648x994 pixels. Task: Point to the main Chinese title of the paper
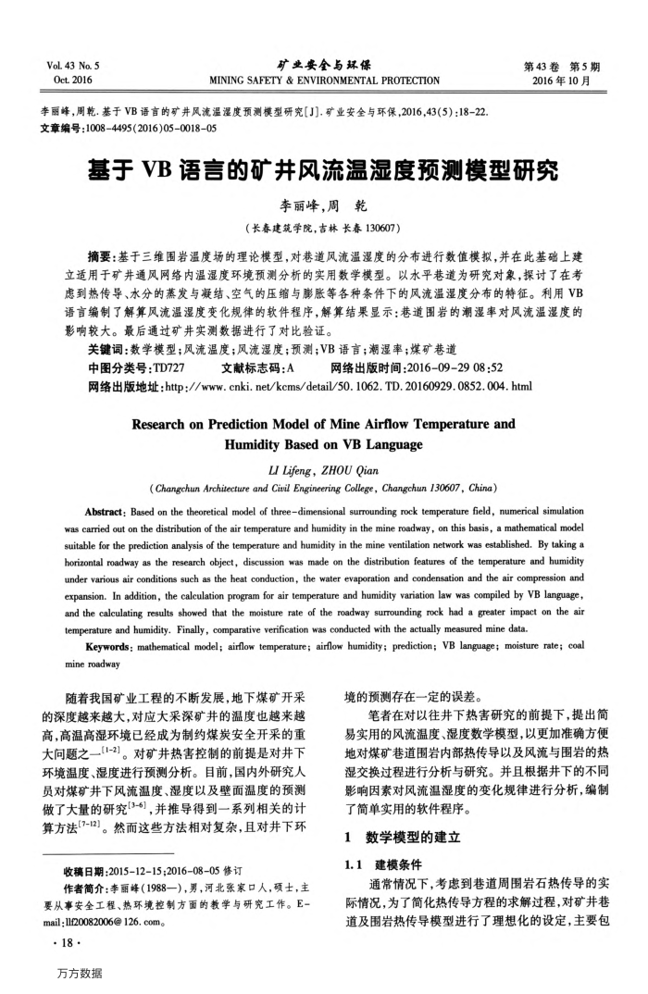(323, 170)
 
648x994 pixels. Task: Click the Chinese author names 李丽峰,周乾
(323, 206)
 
